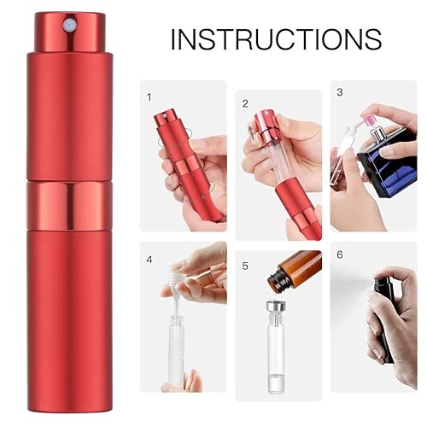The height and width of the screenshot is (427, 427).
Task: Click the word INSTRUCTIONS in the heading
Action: click(275, 39)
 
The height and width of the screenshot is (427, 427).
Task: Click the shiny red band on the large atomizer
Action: click(69, 206)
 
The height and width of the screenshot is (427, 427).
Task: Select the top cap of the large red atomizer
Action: click(69, 31)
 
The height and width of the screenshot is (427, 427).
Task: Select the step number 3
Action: click(339, 92)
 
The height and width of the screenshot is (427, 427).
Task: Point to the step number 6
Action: click(339, 254)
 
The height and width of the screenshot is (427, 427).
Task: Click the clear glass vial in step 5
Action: click(276, 359)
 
